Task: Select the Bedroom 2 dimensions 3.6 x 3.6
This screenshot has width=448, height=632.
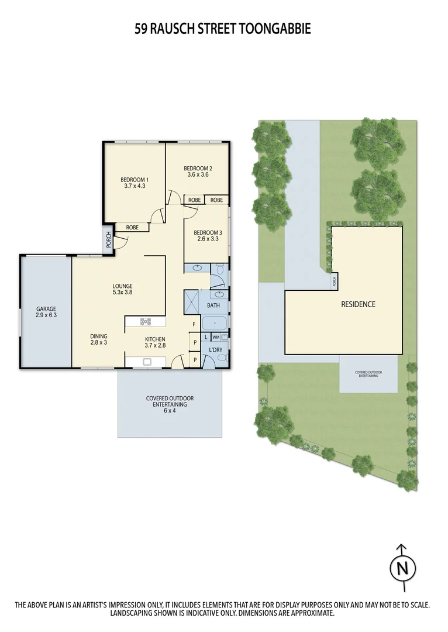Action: pyautogui.click(x=198, y=174)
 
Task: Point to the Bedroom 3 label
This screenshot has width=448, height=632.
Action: pyautogui.click(x=207, y=232)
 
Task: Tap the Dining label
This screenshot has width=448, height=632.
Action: pyautogui.click(x=98, y=336)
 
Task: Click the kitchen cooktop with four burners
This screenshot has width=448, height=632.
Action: pyautogui.click(x=146, y=321)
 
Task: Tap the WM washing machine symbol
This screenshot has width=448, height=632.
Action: pyautogui.click(x=216, y=337)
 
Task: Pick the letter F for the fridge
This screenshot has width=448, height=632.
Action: pyautogui.click(x=193, y=324)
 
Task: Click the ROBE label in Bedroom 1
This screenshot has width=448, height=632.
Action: pyautogui.click(x=132, y=227)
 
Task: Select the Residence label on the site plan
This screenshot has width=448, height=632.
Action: pyautogui.click(x=359, y=304)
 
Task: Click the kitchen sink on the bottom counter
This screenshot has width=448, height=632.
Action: pyautogui.click(x=146, y=362)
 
